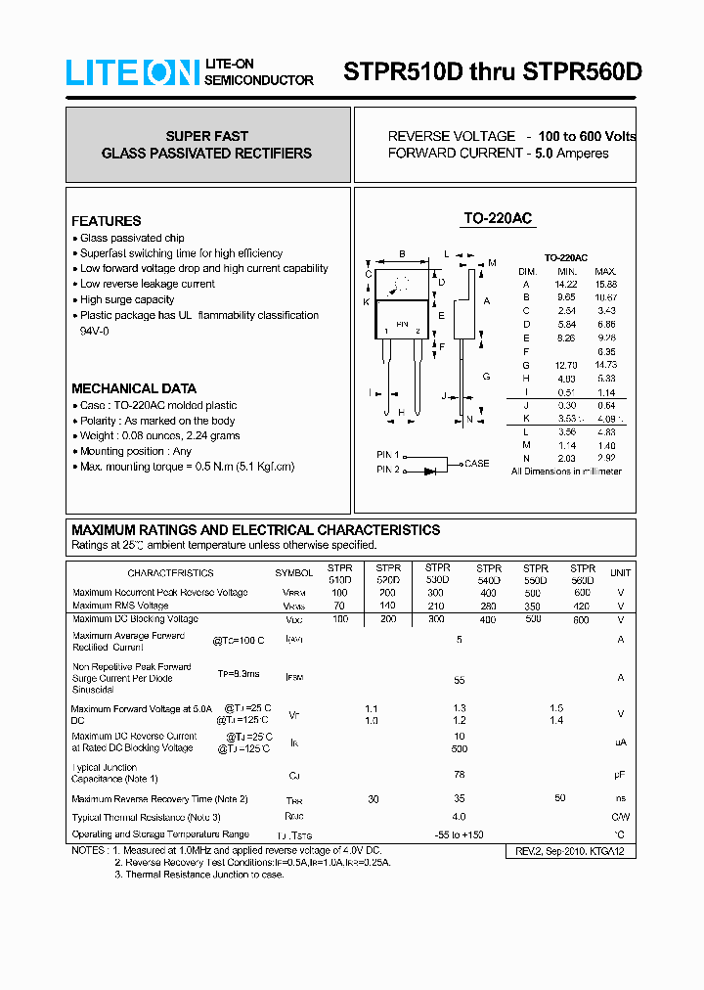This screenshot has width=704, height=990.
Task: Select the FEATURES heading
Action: (106, 221)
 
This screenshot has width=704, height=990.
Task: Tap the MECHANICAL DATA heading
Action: (134, 388)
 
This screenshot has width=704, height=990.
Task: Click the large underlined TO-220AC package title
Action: (497, 219)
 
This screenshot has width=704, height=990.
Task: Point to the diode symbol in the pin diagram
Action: (429, 471)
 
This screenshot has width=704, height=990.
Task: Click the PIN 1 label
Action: (388, 456)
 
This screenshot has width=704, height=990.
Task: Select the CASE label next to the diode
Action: (476, 464)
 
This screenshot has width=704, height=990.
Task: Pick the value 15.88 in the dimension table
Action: (605, 284)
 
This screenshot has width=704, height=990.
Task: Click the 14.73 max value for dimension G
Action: (605, 364)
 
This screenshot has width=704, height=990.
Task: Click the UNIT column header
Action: (620, 573)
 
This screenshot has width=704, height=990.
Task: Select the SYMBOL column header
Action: (293, 573)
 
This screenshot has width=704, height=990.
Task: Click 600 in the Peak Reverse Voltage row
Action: (583, 593)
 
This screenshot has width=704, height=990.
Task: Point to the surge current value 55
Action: (459, 679)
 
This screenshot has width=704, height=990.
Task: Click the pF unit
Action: (620, 775)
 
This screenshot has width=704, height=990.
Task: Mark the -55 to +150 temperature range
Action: (460, 834)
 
